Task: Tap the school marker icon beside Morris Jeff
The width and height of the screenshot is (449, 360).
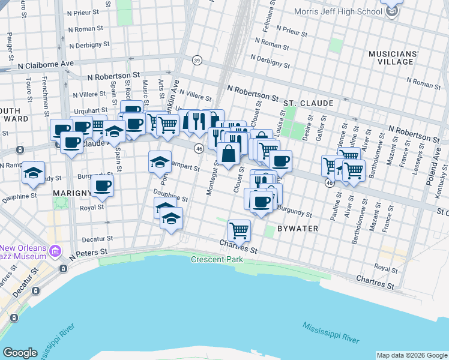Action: pos(392,10)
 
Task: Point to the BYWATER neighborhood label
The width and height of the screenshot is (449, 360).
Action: pos(313,229)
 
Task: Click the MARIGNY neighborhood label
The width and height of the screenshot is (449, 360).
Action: pos(72,193)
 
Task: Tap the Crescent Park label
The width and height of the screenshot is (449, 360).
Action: pos(217,260)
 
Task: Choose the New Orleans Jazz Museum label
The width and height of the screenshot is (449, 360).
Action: pos(23,253)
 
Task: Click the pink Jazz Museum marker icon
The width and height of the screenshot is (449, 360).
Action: pos(56,250)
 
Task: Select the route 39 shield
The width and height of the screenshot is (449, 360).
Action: pos(196,60)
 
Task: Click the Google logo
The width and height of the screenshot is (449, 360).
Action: pos(20,353)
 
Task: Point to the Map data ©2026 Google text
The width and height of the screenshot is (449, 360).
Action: pos(411,355)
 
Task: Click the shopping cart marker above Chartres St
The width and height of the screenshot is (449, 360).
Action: pos(239,230)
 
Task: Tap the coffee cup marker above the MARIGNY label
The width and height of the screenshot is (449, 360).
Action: pos(102,187)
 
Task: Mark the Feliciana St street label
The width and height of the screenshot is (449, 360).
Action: pos(271,16)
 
